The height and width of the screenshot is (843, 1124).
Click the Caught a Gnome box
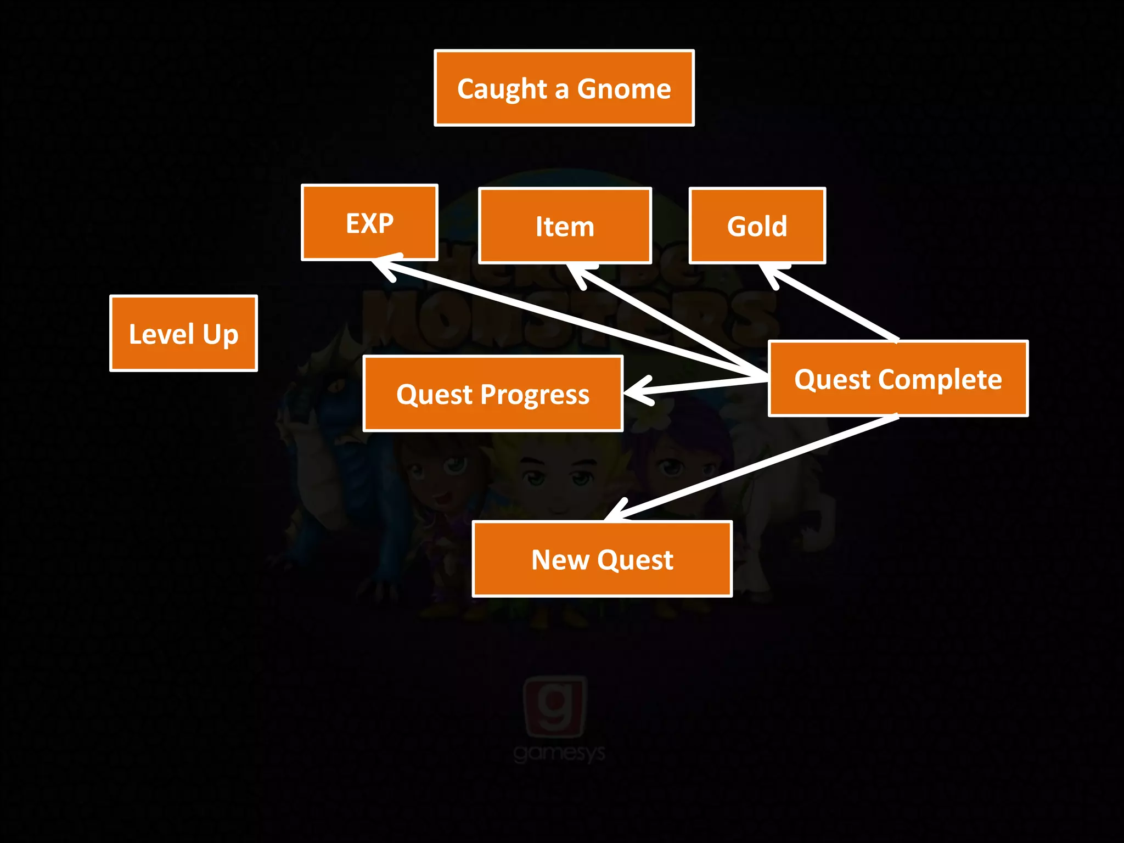[564, 88]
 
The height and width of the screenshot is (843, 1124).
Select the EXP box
[369, 222]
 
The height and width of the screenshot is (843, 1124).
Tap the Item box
[565, 226]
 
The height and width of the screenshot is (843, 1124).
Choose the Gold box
[757, 226]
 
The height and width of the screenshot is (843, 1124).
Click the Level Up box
[183, 333]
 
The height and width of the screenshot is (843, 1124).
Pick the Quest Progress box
[492, 394]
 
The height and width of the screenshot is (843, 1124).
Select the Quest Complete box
[897, 379]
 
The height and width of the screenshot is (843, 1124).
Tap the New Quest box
[602, 559]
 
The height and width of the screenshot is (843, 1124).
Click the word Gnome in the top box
[623, 88]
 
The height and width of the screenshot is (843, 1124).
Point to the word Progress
[535, 395]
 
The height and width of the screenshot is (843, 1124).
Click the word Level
[161, 334]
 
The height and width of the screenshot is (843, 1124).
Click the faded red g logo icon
[555, 706]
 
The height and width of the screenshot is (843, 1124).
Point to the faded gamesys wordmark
[559, 753]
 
